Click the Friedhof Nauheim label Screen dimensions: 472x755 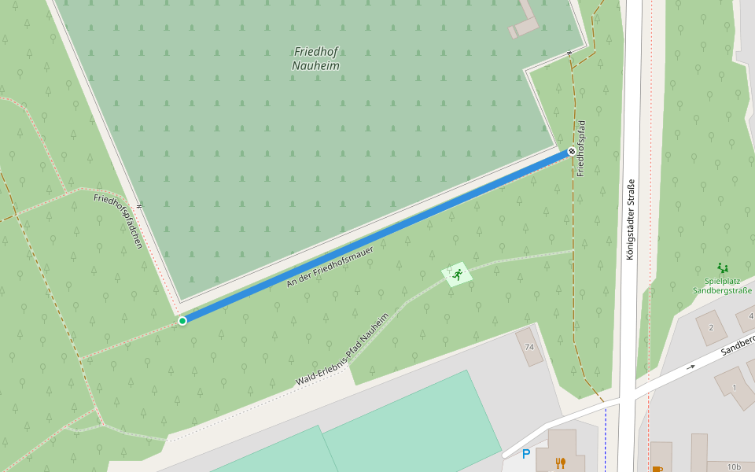click(x=315, y=59)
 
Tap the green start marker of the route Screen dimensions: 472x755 click(x=182, y=320)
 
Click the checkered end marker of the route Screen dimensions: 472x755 click(x=572, y=150)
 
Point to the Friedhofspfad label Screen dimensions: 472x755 click(x=581, y=148)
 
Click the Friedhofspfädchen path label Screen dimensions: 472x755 click(x=118, y=221)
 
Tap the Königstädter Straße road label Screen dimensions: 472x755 click(x=629, y=220)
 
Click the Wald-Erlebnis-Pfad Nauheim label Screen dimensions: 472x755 click(x=343, y=349)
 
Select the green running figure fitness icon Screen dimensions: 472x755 click(x=457, y=274)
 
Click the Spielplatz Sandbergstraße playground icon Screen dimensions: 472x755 click(x=722, y=268)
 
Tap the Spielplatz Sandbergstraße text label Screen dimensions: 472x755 click(x=722, y=286)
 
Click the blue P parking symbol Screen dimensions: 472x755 click(x=526, y=454)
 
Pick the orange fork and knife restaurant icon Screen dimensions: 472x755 click(x=560, y=463)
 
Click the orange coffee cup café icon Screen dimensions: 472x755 click(x=657, y=469)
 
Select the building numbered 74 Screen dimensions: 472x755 click(x=529, y=347)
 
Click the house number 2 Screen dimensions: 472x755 click(x=711, y=327)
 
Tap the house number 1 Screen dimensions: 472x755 click(x=735, y=387)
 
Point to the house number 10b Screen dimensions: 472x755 click(x=733, y=466)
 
